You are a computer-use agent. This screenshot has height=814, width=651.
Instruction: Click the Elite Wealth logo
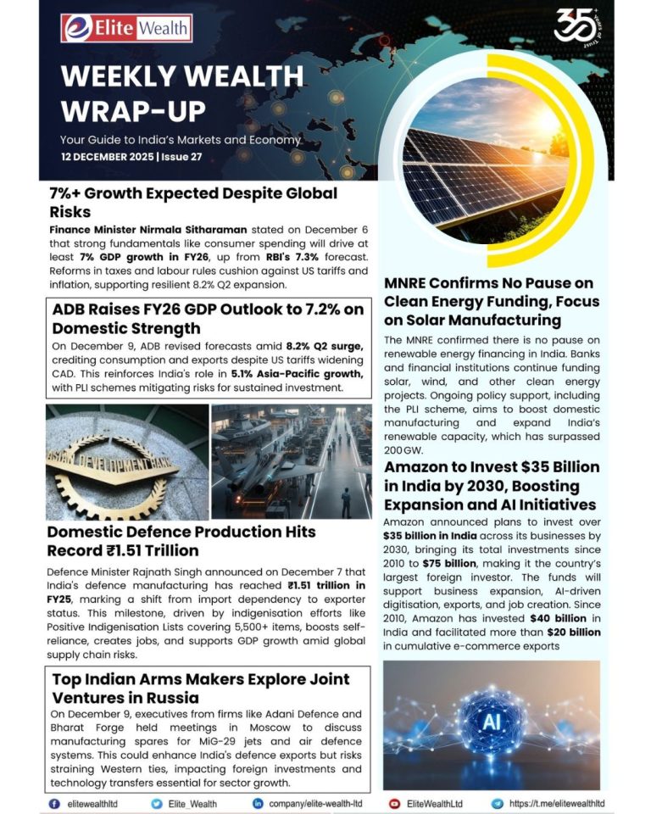tap(126, 28)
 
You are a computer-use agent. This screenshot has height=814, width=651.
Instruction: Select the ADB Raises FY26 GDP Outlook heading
tap(208, 318)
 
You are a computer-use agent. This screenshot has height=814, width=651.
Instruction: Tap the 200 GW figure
tap(402, 449)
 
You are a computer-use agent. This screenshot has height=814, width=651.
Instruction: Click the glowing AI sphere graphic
tap(491, 726)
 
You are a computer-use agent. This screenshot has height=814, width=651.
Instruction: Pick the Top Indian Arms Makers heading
tap(209, 688)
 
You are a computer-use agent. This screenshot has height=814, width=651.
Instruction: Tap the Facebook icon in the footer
tap(55, 803)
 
